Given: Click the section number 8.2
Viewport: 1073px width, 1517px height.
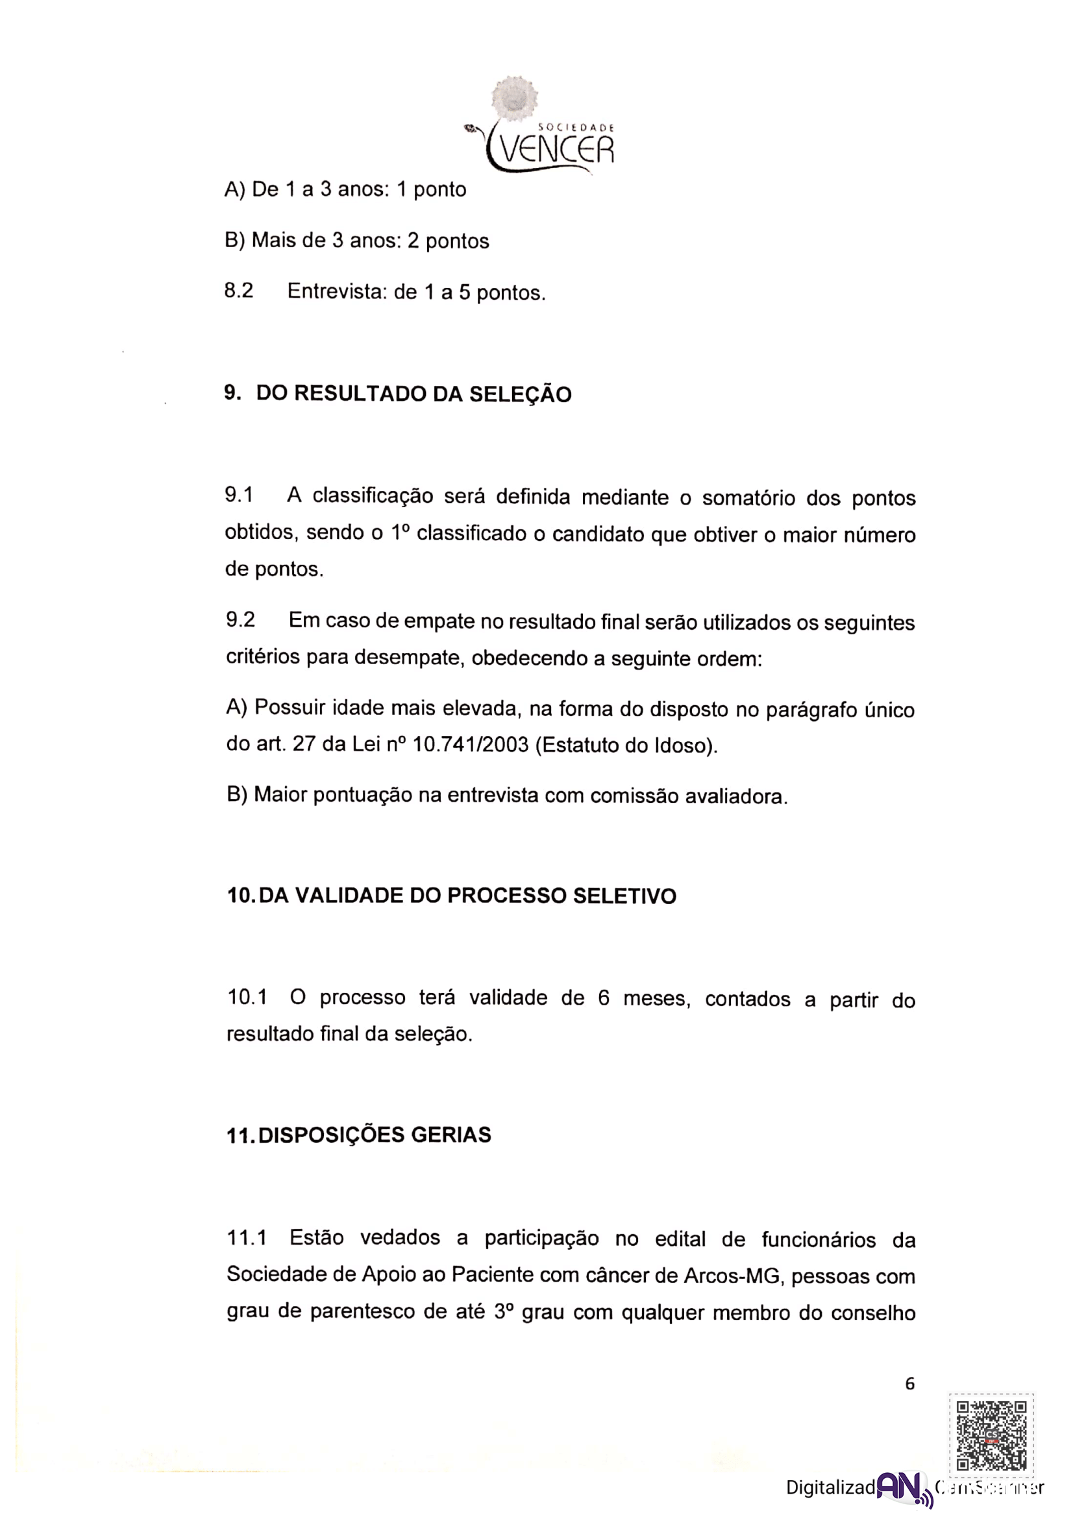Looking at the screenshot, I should (x=239, y=291).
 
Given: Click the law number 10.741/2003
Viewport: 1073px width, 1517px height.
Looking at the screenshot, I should (x=470, y=745).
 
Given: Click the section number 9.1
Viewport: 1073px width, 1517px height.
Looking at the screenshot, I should (x=239, y=495).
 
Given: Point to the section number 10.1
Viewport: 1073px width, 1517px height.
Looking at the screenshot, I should (x=247, y=997).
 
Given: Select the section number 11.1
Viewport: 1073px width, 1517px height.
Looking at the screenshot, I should (x=247, y=1237).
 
